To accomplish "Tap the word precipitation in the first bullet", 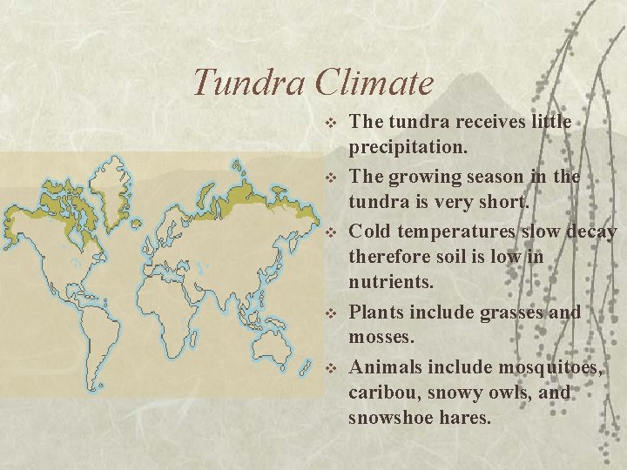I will pyautogui.click(x=408, y=149).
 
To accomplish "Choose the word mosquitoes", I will pyautogui.click(x=546, y=366).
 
